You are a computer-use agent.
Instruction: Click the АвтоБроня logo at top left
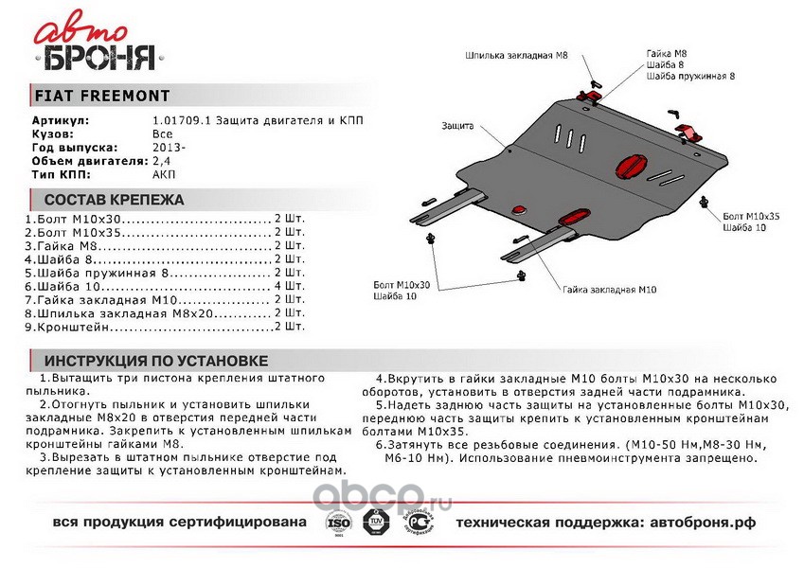[95, 45]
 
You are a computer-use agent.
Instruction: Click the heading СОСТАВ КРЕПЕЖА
[109, 200]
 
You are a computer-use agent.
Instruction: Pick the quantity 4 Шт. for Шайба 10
[290, 285]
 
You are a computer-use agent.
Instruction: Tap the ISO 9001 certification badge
[338, 523]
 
